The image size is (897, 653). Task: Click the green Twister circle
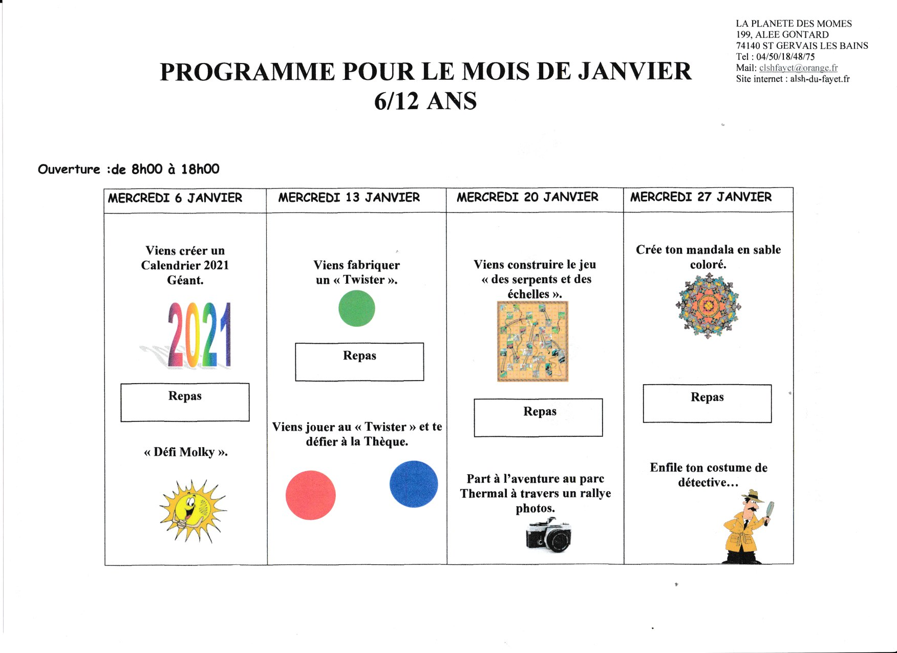pyautogui.click(x=357, y=308)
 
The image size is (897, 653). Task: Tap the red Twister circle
pyautogui.click(x=310, y=495)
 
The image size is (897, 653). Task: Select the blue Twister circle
pyautogui.click(x=414, y=484)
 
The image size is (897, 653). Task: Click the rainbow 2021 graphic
pyautogui.click(x=199, y=335)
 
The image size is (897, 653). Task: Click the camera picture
pyautogui.click(x=548, y=535)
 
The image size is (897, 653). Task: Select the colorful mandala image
pyautogui.click(x=708, y=305)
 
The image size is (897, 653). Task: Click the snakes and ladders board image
pyautogui.click(x=532, y=342)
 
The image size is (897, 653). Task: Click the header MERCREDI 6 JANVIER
pyautogui.click(x=175, y=198)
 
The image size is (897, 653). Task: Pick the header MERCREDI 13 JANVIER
pyautogui.click(x=349, y=198)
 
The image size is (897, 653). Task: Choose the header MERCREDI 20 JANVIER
pyautogui.click(x=527, y=197)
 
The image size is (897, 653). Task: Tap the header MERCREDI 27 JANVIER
pyautogui.click(x=700, y=197)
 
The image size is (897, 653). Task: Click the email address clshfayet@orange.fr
pyautogui.click(x=798, y=68)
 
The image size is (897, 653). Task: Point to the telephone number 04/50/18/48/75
pyautogui.click(x=785, y=57)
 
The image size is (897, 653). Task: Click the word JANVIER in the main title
pyautogui.click(x=635, y=72)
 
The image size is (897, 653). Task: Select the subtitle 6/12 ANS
pyautogui.click(x=425, y=101)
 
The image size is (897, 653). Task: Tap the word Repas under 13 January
pyautogui.click(x=359, y=355)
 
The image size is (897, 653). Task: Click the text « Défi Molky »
pyautogui.click(x=185, y=452)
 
